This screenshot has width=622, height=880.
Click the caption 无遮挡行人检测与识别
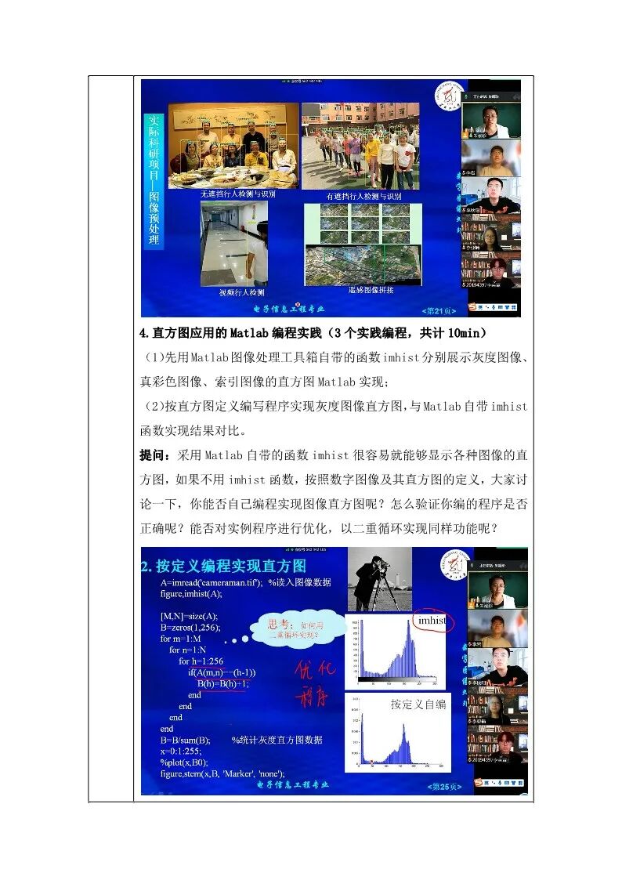pyautogui.click(x=238, y=193)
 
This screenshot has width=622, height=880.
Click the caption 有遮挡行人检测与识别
pyautogui.click(x=363, y=195)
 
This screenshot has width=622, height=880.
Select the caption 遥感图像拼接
pyautogui.click(x=371, y=290)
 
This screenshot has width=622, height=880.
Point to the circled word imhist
pyautogui.click(x=432, y=621)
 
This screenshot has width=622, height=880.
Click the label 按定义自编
pyautogui.click(x=418, y=704)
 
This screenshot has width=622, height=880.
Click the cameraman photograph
pyautogui.click(x=379, y=579)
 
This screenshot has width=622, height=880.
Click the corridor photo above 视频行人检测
pyautogui.click(x=234, y=243)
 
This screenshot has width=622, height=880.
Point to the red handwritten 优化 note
pyautogui.click(x=315, y=672)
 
